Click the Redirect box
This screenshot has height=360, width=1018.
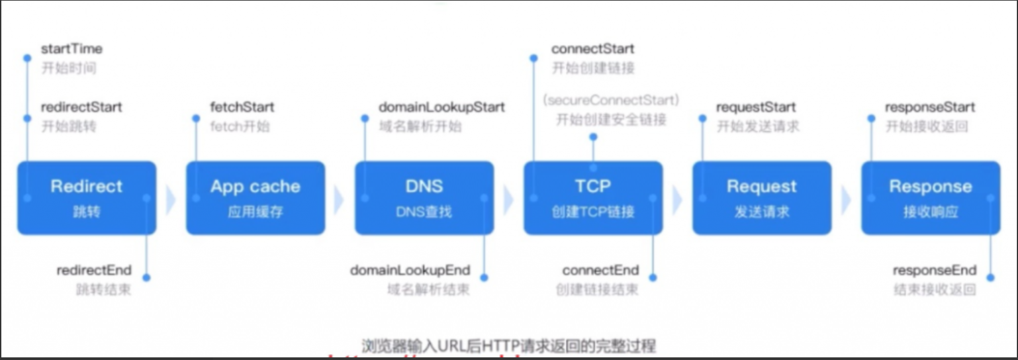[x=87, y=198]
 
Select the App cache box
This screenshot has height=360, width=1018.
[x=255, y=198]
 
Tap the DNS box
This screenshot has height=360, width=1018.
[x=424, y=198]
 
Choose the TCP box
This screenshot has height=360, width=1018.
[x=593, y=198]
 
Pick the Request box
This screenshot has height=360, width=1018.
[x=762, y=198]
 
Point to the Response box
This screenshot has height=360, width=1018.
[x=931, y=198]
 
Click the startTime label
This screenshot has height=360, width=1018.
[x=71, y=49]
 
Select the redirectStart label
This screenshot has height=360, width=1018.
[x=81, y=107]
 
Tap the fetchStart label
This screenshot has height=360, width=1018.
[x=242, y=107]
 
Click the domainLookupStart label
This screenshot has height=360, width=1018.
[x=441, y=107]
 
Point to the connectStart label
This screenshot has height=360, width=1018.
[x=592, y=49]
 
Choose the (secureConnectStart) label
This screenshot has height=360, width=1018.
[x=610, y=101]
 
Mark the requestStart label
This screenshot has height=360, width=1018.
[x=756, y=107]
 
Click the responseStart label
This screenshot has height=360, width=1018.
[x=930, y=107]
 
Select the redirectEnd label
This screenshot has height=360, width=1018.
[x=94, y=270]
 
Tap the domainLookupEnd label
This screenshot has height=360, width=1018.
[x=410, y=270]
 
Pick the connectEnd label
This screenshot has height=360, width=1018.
[x=600, y=270]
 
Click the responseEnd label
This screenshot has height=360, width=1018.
[x=935, y=270]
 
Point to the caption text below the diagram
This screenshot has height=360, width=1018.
[x=508, y=345]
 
